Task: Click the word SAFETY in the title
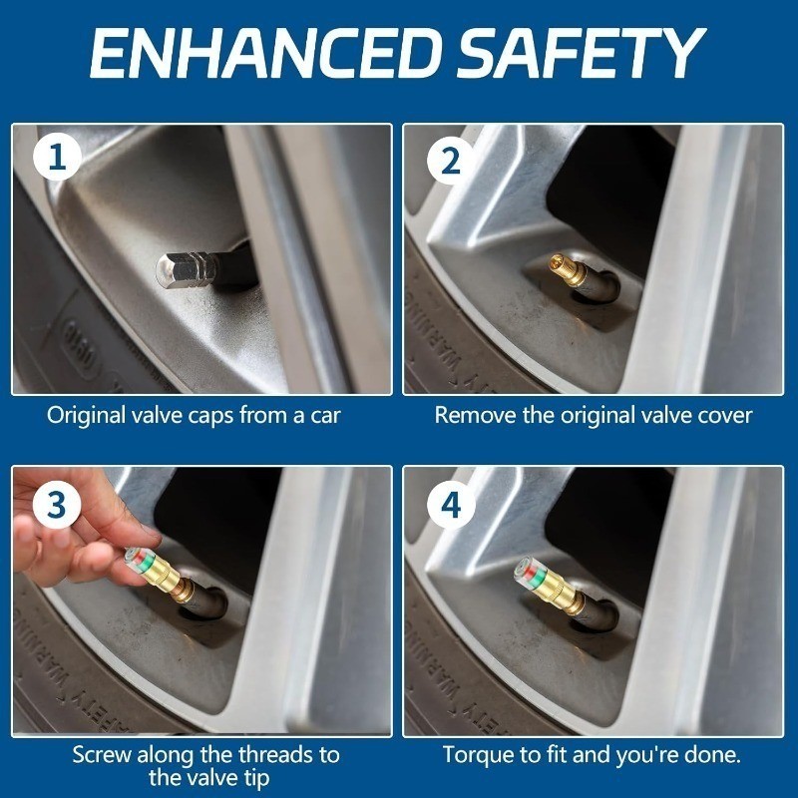point(582,53)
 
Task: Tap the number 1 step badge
point(57,157)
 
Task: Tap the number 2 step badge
point(451,160)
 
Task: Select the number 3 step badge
point(57,506)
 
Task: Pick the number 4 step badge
point(451,506)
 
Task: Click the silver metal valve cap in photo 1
point(188,269)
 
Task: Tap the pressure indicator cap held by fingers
point(154,572)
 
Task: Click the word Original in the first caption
point(86,416)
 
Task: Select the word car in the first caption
point(325,416)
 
